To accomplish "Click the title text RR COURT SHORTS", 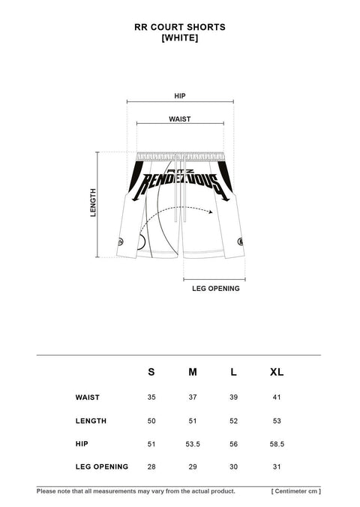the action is [180, 27].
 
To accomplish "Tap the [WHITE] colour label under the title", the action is [180, 38].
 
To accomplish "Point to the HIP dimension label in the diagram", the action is [180, 96].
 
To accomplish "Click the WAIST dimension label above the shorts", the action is [180, 119].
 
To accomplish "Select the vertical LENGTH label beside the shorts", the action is [93, 202].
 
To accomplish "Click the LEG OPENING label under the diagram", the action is [216, 289].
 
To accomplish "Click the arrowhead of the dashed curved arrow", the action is [211, 212].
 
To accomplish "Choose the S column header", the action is [151, 372].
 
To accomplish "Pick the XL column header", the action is [277, 372].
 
